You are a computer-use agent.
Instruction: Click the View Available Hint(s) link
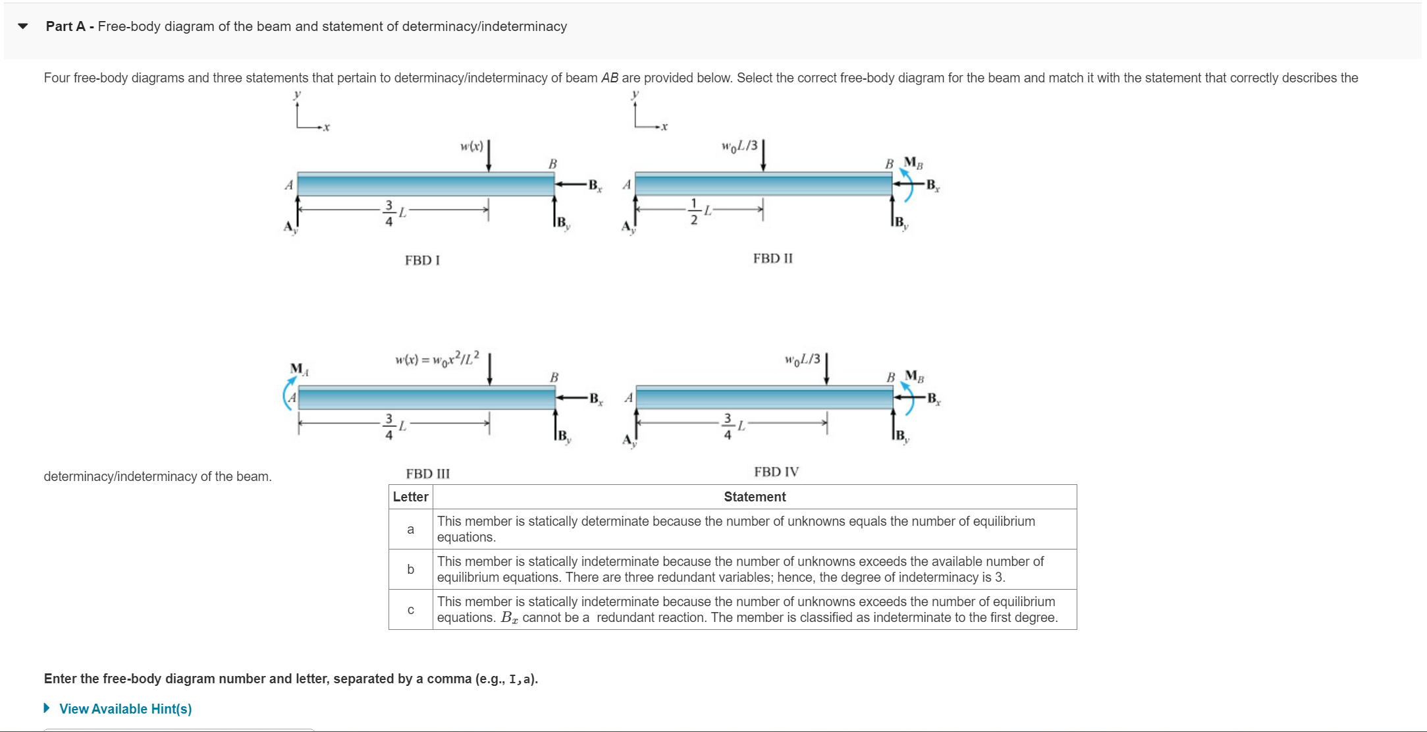(x=125, y=709)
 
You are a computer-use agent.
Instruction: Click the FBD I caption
(x=422, y=260)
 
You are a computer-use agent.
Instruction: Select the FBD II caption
(x=772, y=258)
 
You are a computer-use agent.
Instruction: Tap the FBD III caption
(x=427, y=474)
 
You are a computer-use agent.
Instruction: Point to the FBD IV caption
(x=776, y=472)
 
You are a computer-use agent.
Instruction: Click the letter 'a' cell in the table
(x=410, y=529)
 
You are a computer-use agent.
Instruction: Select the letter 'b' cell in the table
(x=410, y=569)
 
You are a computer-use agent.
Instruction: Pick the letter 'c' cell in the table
(x=410, y=609)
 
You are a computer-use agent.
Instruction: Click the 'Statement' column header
(x=754, y=497)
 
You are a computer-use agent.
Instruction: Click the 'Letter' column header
(x=410, y=497)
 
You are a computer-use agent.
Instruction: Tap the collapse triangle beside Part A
(x=23, y=26)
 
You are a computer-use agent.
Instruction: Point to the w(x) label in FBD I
(x=471, y=146)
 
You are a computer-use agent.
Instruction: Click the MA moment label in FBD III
(x=299, y=369)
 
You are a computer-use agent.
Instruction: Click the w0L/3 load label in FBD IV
(x=802, y=359)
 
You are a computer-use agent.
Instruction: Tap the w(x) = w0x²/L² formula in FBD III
(x=437, y=358)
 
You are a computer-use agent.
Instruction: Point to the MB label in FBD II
(x=913, y=162)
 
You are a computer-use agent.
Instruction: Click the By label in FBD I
(x=562, y=223)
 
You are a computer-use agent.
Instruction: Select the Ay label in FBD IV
(x=629, y=440)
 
